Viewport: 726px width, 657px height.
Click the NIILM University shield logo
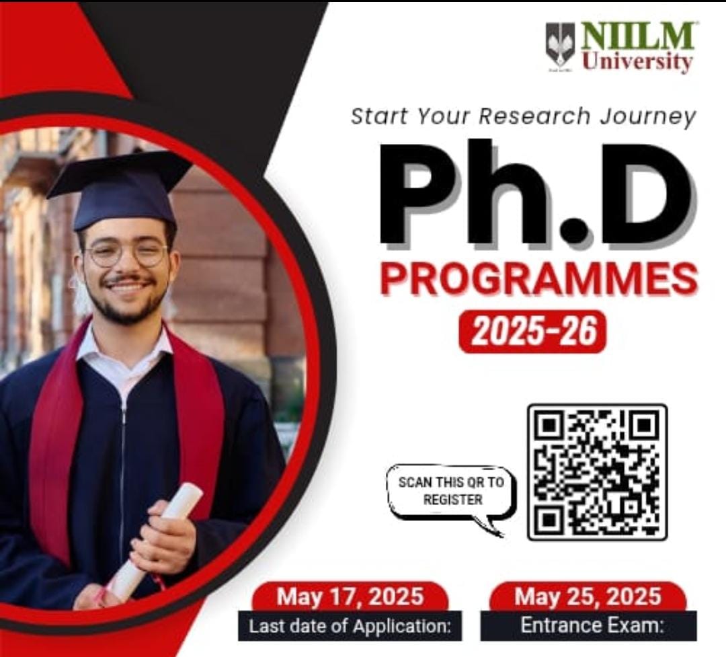click(560, 47)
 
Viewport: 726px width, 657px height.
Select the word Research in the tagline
click(535, 116)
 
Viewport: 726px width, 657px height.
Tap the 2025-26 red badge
click(532, 332)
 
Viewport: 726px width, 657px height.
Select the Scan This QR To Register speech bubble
click(452, 496)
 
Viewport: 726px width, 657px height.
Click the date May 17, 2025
click(350, 596)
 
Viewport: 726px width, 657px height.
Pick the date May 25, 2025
click(588, 596)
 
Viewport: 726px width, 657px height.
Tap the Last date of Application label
click(350, 627)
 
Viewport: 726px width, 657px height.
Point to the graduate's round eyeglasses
click(126, 254)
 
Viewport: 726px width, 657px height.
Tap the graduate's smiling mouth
click(126, 284)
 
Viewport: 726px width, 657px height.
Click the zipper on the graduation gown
click(123, 486)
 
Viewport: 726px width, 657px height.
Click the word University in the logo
click(637, 61)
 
